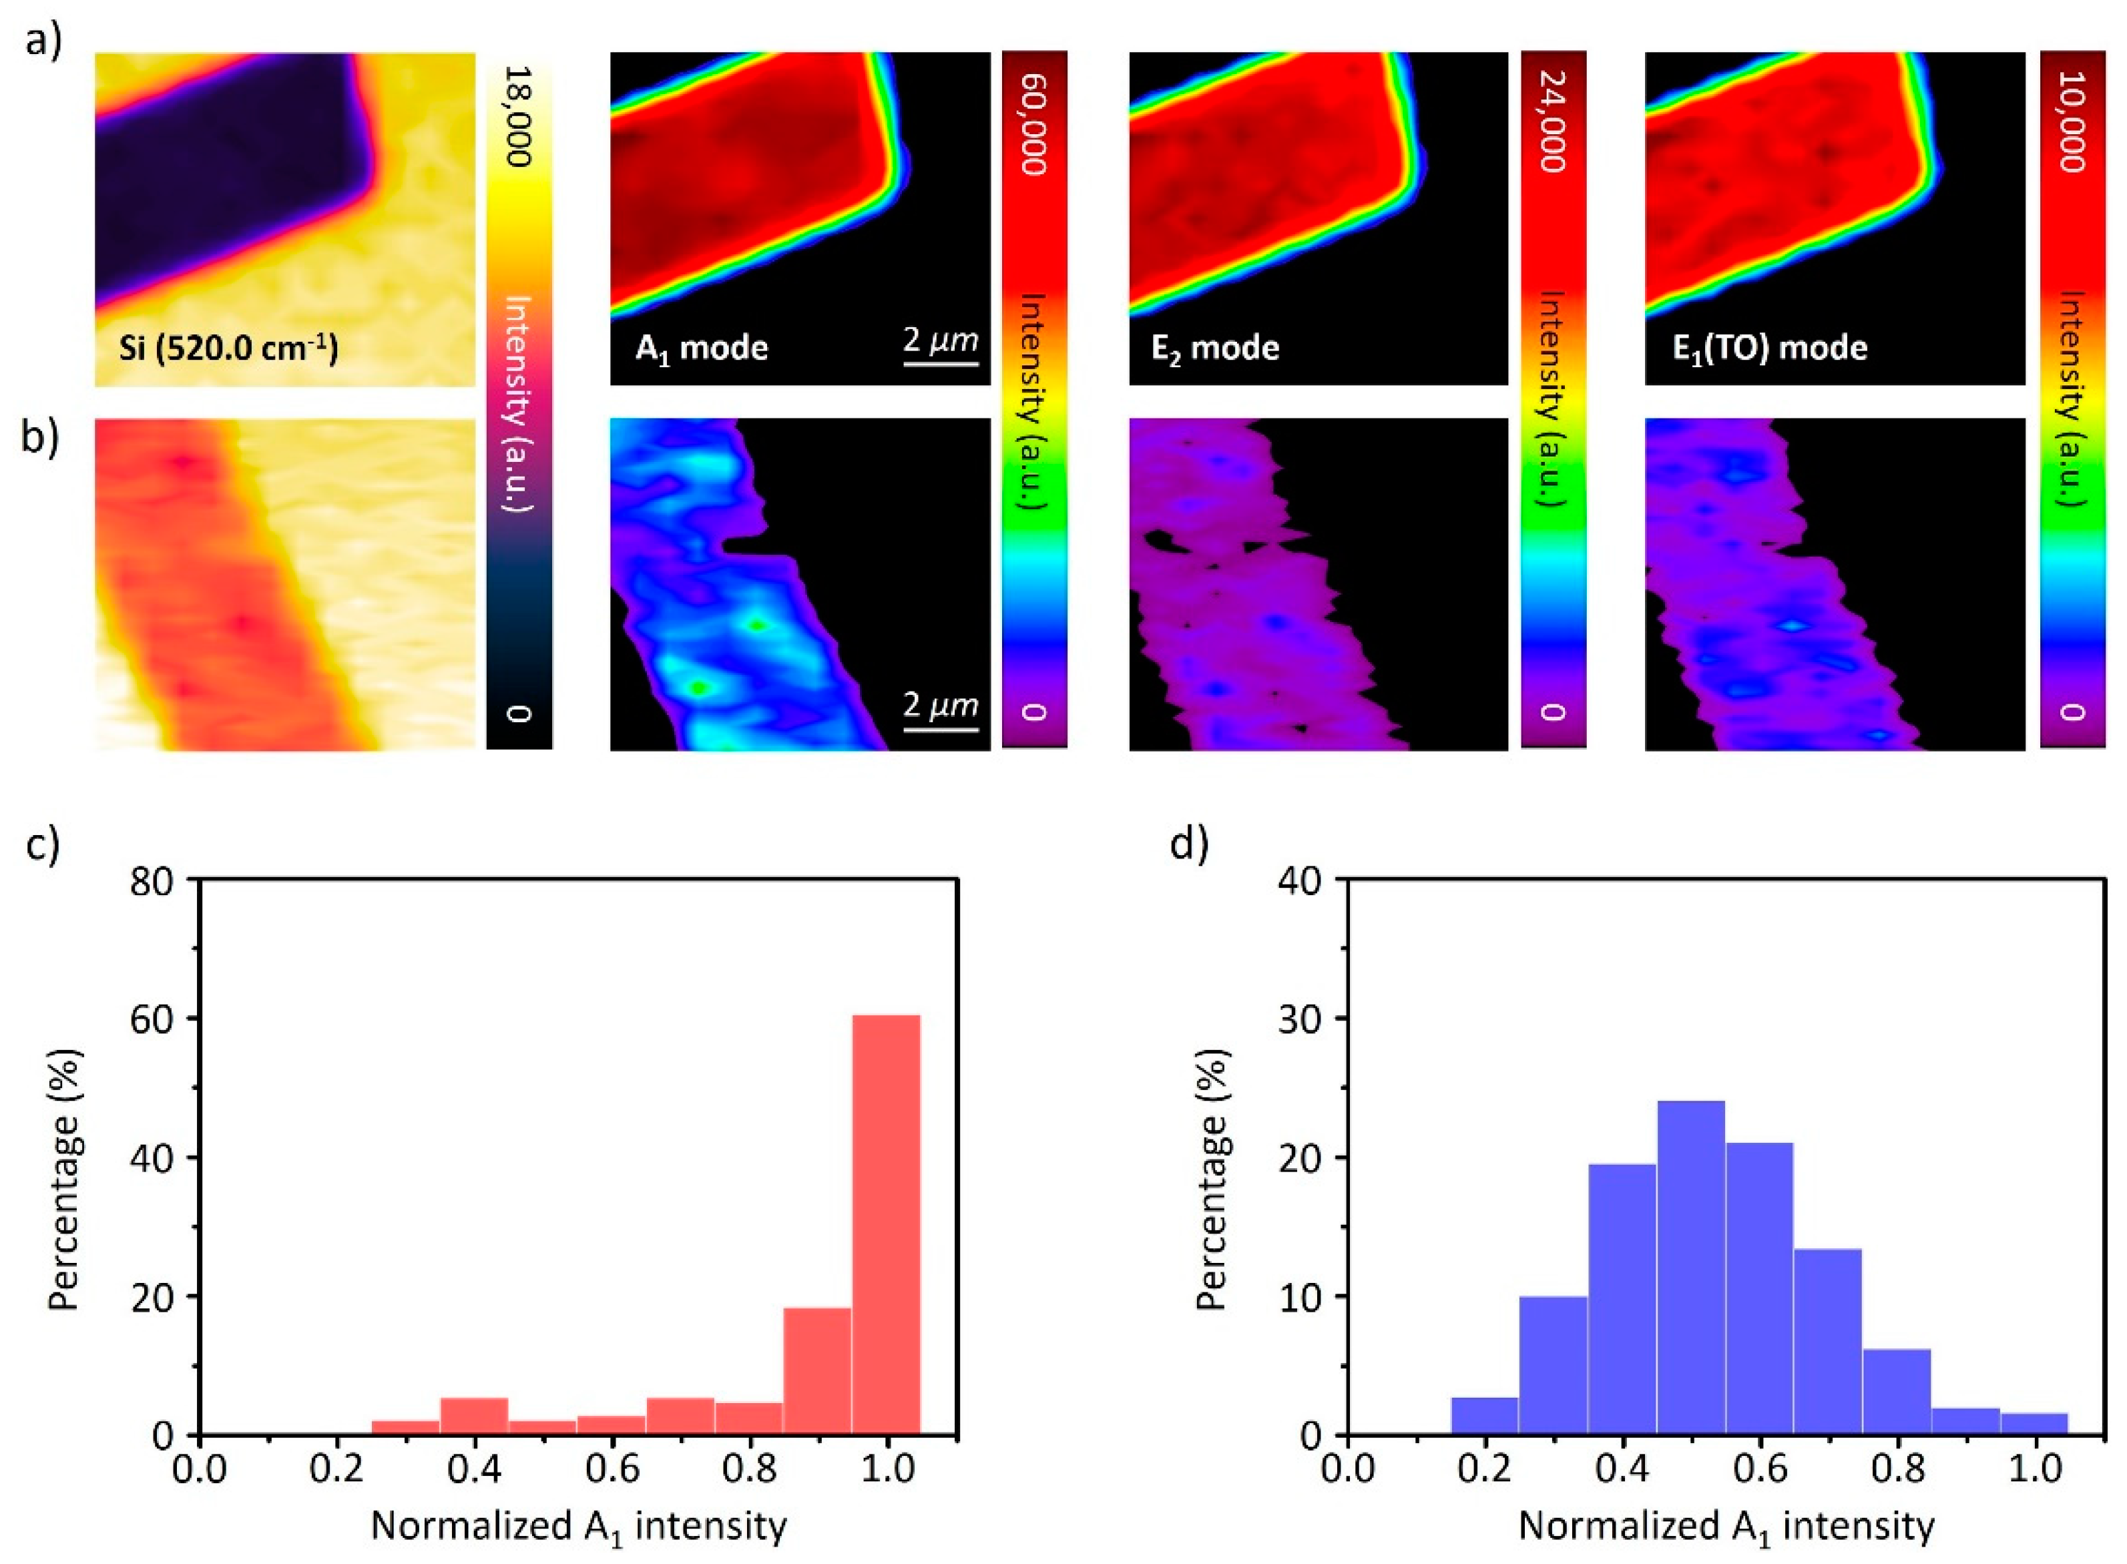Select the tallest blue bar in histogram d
click(x=1690, y=1268)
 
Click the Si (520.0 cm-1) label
click(x=228, y=349)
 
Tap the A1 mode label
click(x=702, y=348)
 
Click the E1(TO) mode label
click(x=1769, y=348)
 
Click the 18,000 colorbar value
click(x=518, y=115)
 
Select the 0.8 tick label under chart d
click(x=1896, y=1471)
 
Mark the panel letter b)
click(x=41, y=439)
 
